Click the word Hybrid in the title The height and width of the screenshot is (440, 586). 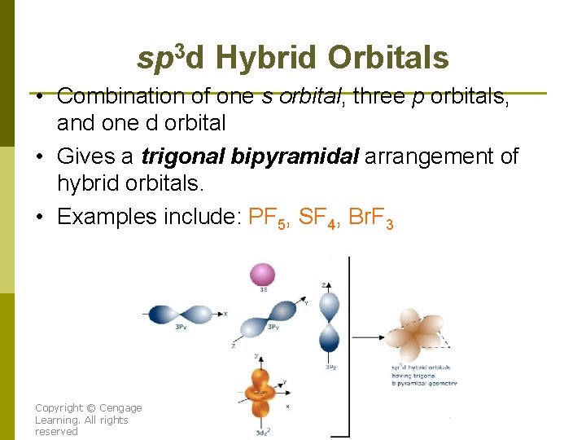click(x=266, y=59)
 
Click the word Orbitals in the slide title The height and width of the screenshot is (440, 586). click(x=388, y=59)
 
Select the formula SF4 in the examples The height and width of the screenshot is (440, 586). click(x=318, y=218)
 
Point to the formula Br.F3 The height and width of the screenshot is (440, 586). click(x=370, y=218)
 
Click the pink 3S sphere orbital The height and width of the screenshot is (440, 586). click(x=263, y=275)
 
